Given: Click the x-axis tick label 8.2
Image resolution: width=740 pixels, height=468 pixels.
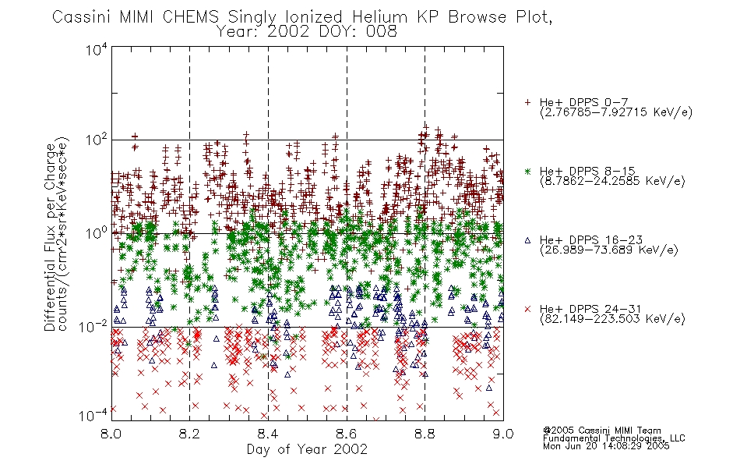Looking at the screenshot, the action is tap(190, 434).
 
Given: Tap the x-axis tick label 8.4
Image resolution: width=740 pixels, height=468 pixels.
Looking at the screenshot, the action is tap(268, 434).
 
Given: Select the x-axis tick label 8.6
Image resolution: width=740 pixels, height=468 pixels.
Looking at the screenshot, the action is tap(347, 434).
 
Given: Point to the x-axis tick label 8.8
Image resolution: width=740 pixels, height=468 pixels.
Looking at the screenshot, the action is tap(425, 434).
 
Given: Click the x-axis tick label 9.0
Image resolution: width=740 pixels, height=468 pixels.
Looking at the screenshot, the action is tap(503, 434).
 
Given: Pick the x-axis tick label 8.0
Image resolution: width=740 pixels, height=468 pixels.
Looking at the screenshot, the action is tap(111, 434).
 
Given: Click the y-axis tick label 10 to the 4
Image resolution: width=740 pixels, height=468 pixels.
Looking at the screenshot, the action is tap(97, 50).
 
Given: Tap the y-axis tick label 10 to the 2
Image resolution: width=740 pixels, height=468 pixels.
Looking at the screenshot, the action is tap(97, 140).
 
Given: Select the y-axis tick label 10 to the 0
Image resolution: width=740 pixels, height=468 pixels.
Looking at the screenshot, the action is tap(97, 233).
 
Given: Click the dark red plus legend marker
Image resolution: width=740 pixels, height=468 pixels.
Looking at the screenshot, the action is tap(527, 102).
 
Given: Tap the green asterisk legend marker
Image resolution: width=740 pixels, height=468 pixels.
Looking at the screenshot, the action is tap(527, 171).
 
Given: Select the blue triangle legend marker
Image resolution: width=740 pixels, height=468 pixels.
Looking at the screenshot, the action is tap(527, 240).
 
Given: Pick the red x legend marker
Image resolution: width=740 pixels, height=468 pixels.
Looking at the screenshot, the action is tap(527, 309).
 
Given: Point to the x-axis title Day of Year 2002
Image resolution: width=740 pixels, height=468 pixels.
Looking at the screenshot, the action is tap(307, 449).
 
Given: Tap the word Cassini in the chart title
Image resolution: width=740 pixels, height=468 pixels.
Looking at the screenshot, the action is tap(82, 17).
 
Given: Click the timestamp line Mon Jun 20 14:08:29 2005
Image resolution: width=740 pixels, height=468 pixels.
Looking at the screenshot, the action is tap(606, 446).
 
